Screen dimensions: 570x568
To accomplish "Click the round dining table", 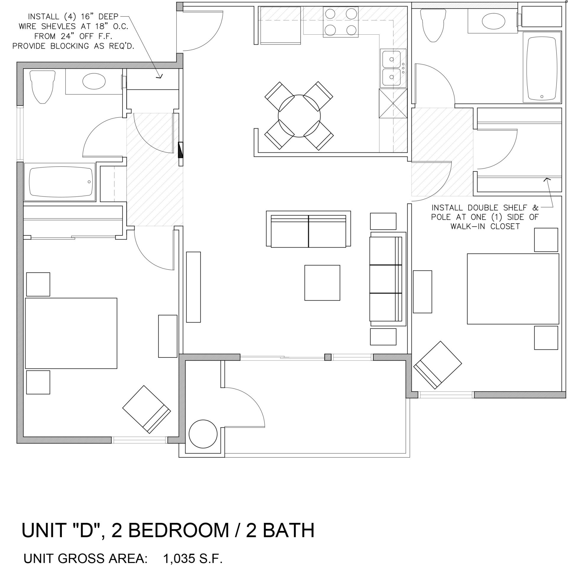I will pyautogui.click(x=299, y=116).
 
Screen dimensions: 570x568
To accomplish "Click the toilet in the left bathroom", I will pyautogui.click(x=43, y=86).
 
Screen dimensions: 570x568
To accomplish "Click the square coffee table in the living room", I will pyautogui.click(x=322, y=282).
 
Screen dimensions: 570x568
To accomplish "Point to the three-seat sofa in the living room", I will pyautogui.click(x=386, y=279).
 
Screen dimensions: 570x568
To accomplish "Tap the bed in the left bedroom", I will pyautogui.click(x=71, y=333).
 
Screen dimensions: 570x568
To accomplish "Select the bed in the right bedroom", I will pyautogui.click(x=513, y=289).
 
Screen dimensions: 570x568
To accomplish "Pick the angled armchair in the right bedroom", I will pyautogui.click(x=437, y=365).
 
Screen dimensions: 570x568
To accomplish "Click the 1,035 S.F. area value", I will pyautogui.click(x=193, y=558).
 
